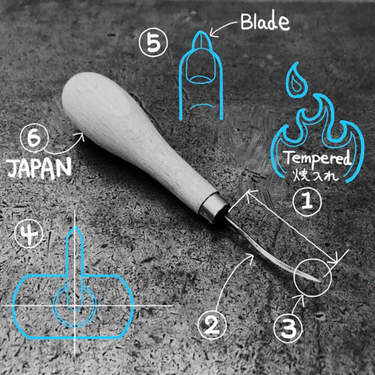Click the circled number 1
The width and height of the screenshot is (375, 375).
[x=307, y=201]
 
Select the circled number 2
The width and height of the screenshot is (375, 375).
[x=212, y=326]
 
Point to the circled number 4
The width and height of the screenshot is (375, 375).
[x=29, y=234]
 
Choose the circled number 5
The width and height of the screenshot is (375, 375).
[x=153, y=43]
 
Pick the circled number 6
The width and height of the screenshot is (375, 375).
[x=34, y=139]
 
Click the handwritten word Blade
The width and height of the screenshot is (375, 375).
[x=265, y=22]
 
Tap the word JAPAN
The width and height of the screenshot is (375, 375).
[x=39, y=168]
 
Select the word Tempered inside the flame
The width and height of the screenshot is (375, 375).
[x=318, y=159]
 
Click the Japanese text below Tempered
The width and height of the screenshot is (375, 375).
[x=316, y=176]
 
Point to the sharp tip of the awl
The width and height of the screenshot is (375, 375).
[x=320, y=281]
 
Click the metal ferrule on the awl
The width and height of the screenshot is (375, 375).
[x=214, y=209]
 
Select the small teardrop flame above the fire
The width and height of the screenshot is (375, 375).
[x=296, y=81]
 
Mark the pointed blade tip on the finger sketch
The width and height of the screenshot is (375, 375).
[x=201, y=32]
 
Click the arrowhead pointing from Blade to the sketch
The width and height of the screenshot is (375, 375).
[x=213, y=34]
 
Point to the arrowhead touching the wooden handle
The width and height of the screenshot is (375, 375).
[x=82, y=135]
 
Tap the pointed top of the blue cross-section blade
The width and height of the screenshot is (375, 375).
[x=76, y=227]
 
